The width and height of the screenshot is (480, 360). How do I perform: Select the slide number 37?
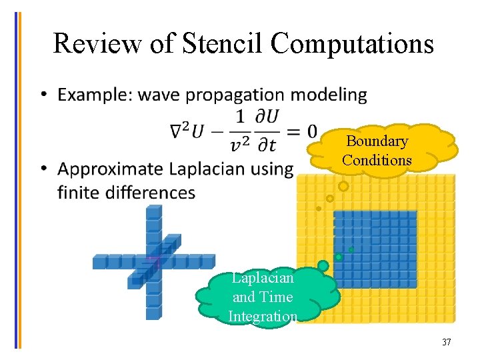[446, 342]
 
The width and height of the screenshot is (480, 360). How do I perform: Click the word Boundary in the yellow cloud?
[377, 141]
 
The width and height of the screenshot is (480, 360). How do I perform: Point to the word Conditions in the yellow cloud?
[377, 160]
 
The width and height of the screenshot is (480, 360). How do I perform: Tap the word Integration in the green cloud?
[263, 316]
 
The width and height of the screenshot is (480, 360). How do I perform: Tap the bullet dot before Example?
[43, 95]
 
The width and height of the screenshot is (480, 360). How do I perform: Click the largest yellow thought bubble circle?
[343, 187]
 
